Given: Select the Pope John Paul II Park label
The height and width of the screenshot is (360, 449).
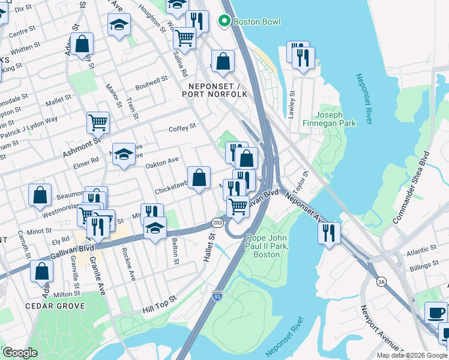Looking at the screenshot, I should click(268, 246).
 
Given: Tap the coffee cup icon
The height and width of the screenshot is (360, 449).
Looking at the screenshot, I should click(436, 313).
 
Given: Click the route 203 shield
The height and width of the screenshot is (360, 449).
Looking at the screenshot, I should click(217, 223).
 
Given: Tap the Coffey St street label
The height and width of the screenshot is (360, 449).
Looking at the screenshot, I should click(182, 128).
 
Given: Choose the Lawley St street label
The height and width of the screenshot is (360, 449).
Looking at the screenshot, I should click(292, 104).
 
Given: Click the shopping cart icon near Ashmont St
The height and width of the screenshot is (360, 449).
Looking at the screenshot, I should click(98, 122).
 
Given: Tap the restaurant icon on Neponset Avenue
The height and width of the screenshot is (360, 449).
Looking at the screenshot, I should click(329, 232).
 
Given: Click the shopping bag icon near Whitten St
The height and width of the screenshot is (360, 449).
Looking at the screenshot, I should click(83, 43).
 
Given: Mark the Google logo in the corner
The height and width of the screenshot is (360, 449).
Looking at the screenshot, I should click(20, 352).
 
